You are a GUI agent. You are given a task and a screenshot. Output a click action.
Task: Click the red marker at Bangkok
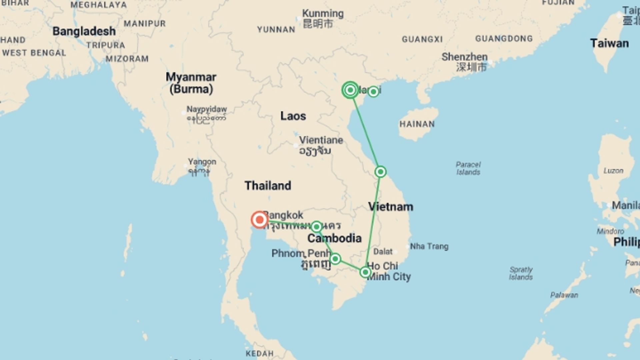(259, 220)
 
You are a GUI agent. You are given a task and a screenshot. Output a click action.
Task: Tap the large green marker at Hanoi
(350, 90)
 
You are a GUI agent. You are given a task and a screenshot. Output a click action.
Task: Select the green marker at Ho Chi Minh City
(365, 272)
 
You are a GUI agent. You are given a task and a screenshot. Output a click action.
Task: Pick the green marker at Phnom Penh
(335, 259)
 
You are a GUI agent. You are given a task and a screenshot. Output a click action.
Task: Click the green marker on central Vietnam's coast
(380, 172)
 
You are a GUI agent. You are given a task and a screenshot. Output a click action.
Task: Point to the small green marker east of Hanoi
(373, 91)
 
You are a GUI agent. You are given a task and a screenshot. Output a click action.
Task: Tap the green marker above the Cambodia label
(316, 227)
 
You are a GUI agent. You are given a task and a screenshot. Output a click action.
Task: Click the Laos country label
(293, 116)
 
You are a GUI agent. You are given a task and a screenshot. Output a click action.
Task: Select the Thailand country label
(268, 186)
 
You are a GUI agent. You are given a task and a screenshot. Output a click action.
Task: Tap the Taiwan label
(609, 43)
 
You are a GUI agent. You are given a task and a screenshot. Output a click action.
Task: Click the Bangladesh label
(84, 31)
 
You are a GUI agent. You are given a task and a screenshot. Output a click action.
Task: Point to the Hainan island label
(417, 124)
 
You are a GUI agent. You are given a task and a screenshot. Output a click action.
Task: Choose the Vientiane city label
(321, 140)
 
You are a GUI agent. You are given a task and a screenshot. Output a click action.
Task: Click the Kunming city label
(323, 14)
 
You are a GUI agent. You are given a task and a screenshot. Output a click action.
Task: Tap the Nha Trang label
(429, 246)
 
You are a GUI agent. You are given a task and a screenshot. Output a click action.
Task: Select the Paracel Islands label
(468, 168)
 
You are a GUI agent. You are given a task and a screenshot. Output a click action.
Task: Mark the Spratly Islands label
(521, 273)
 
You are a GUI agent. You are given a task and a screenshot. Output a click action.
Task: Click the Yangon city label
(202, 162)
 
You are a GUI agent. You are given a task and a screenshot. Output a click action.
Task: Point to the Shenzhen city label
(464, 57)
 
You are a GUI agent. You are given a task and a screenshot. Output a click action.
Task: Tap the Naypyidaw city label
(206, 109)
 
